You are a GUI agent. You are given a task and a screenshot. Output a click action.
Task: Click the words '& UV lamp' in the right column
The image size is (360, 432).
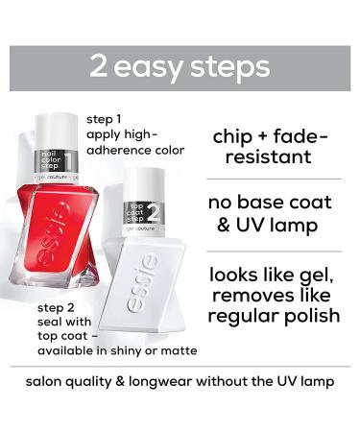pyautogui.click(x=274, y=228)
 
